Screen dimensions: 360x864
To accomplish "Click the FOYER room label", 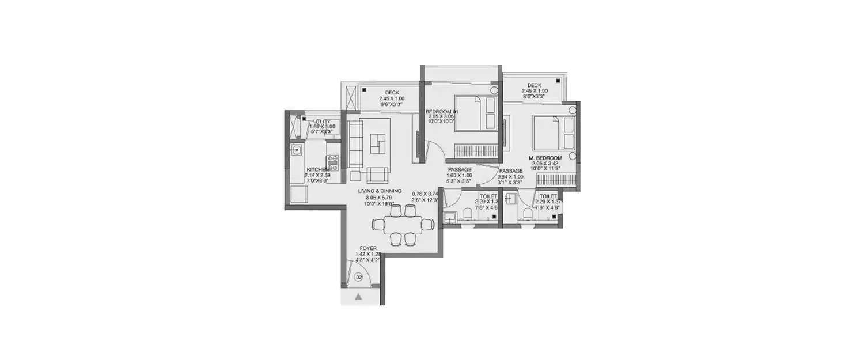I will [x=367, y=248].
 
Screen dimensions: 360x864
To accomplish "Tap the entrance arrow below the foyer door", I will [x=358, y=297].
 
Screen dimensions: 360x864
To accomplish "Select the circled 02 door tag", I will [x=358, y=278].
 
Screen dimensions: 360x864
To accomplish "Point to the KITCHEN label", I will [x=317, y=169].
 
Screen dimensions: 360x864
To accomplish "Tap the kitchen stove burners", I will [x=332, y=162].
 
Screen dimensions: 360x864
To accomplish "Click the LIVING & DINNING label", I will [x=379, y=191].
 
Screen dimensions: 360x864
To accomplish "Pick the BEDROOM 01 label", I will [x=441, y=111].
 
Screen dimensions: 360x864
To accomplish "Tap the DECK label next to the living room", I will [x=392, y=93].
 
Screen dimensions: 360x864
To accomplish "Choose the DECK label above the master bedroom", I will [x=534, y=85].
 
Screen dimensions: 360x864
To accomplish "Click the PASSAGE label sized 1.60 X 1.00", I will [x=459, y=170].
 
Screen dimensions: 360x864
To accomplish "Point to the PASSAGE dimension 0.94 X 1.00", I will [x=511, y=177].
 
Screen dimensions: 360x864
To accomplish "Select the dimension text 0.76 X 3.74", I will [x=426, y=193].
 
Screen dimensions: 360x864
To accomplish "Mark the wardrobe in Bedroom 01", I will [x=476, y=151].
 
